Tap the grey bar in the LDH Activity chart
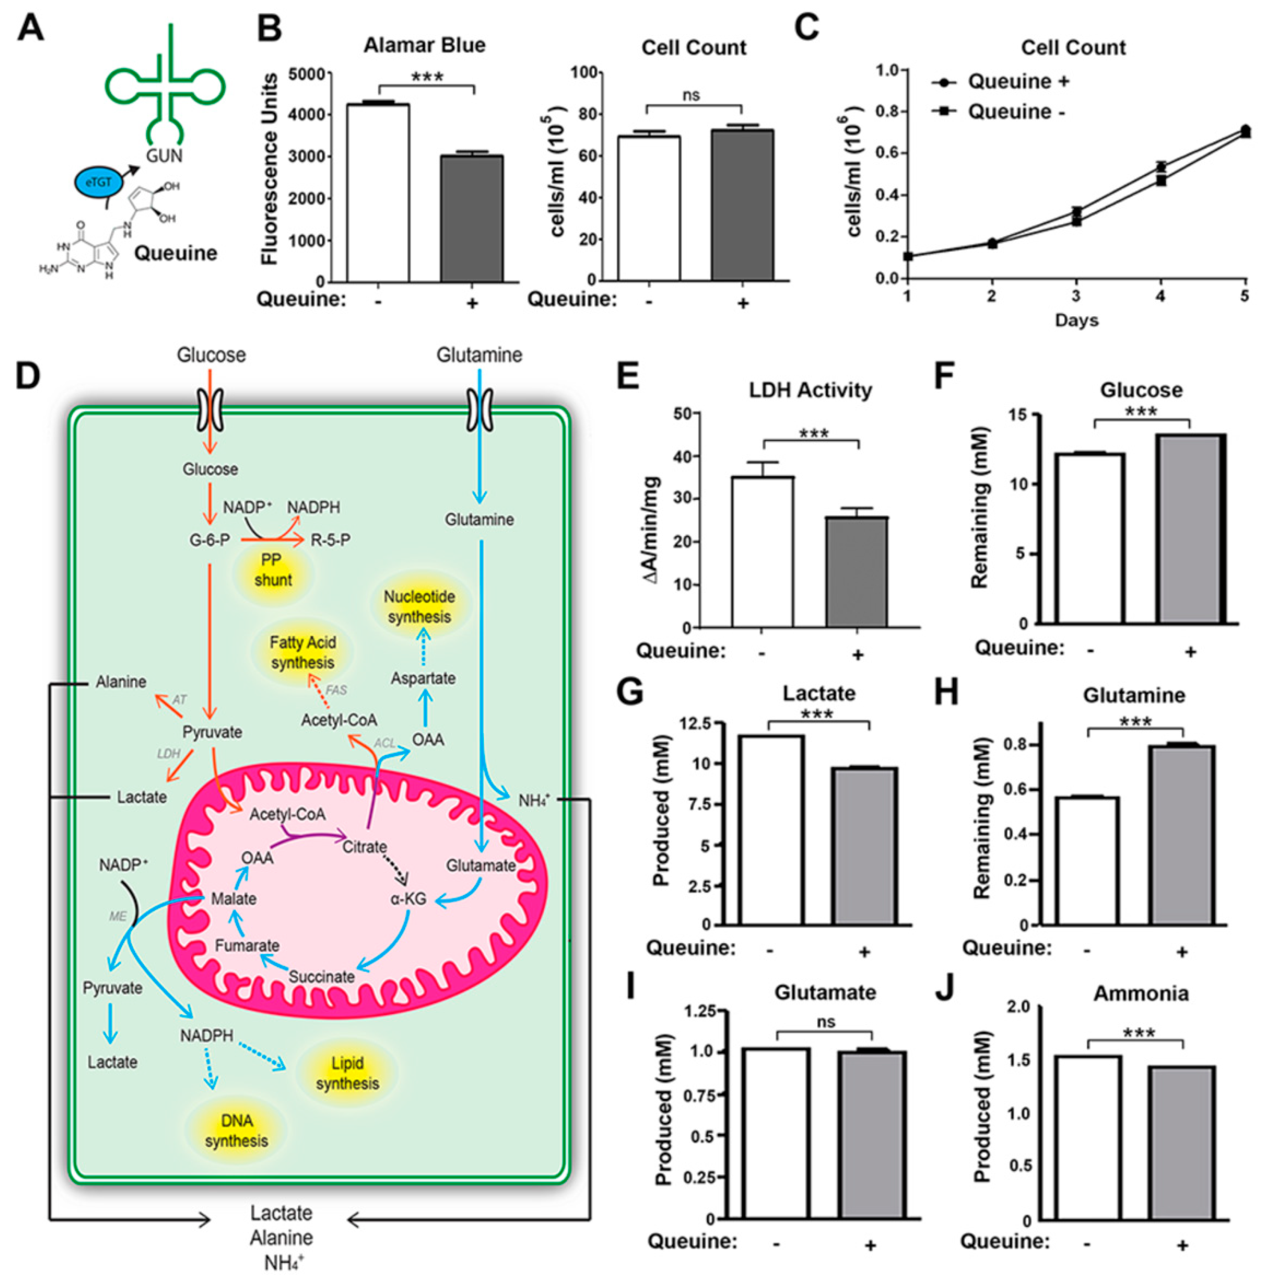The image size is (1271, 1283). click(857, 571)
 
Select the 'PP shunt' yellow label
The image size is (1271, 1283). click(272, 570)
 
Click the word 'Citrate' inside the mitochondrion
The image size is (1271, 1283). click(365, 847)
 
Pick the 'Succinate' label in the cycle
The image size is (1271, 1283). click(321, 976)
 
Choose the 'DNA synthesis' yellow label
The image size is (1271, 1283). click(236, 1131)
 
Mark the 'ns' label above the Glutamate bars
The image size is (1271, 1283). click(825, 1022)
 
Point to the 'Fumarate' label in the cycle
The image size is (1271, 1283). click(247, 945)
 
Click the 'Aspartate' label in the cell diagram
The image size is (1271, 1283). click(423, 678)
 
